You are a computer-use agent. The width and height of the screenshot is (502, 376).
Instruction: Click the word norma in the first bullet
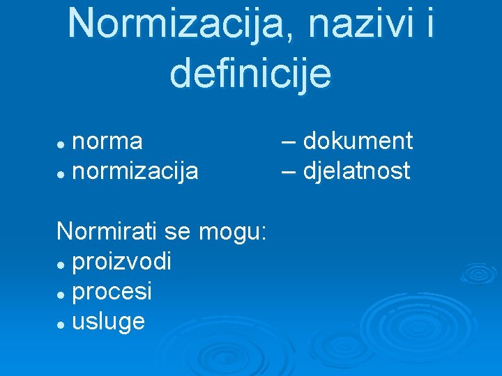pyautogui.click(x=107, y=141)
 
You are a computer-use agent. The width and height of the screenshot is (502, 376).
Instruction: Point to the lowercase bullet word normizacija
pyautogui.click(x=135, y=171)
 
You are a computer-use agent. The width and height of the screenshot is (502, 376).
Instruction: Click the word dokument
pyautogui.click(x=358, y=141)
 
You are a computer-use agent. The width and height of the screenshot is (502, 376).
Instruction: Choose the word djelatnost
pyautogui.click(x=356, y=171)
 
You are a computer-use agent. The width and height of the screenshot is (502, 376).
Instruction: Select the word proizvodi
pyautogui.click(x=121, y=261)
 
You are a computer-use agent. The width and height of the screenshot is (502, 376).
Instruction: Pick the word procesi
pyautogui.click(x=112, y=291)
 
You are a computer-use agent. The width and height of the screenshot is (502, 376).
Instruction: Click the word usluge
pyautogui.click(x=109, y=322)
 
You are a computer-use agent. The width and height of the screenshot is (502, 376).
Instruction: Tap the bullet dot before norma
pyautogui.click(x=61, y=143)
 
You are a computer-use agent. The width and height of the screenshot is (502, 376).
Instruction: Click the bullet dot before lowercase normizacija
pyautogui.click(x=61, y=173)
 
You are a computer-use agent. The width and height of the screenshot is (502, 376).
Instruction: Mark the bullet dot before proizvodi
pyautogui.click(x=61, y=263)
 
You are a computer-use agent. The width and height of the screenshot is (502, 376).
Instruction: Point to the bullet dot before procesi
pyautogui.click(x=61, y=293)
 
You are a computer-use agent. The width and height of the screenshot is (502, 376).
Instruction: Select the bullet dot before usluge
pyautogui.click(x=61, y=323)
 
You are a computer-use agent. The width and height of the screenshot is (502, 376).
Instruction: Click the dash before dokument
pyautogui.click(x=289, y=143)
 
